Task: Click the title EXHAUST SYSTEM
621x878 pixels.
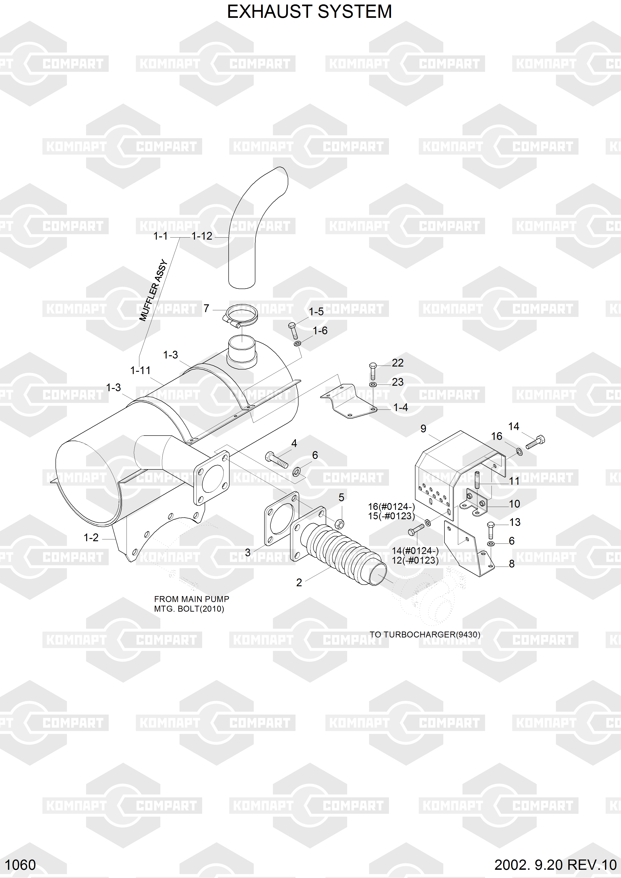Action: pos(309,12)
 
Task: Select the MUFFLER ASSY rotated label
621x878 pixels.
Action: pos(153,290)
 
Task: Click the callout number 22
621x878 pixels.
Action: pos(398,363)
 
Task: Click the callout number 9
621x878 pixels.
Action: pos(423,429)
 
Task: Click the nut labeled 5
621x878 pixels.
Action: pos(339,524)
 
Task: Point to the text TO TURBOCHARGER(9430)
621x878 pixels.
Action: pos(424,634)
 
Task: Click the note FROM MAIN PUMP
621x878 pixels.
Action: pos(191,599)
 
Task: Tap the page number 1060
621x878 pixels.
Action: pos(20,865)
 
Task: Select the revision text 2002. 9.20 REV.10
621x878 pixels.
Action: pos(555,865)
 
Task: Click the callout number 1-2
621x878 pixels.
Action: pos(91,538)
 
